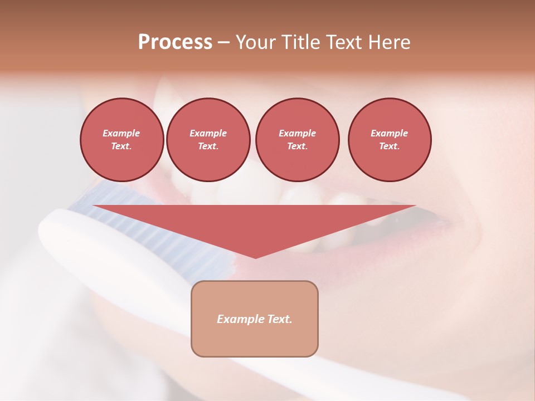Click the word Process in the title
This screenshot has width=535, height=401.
click(x=175, y=42)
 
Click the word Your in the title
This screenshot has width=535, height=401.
click(x=256, y=42)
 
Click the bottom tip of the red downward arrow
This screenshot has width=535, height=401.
click(x=255, y=257)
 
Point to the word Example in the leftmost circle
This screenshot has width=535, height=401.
click(x=121, y=133)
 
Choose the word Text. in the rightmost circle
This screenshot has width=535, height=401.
click(x=390, y=146)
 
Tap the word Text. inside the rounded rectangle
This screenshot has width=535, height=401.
click(x=279, y=319)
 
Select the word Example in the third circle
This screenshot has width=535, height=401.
click(x=297, y=133)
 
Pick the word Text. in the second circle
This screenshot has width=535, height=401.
click(x=208, y=146)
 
